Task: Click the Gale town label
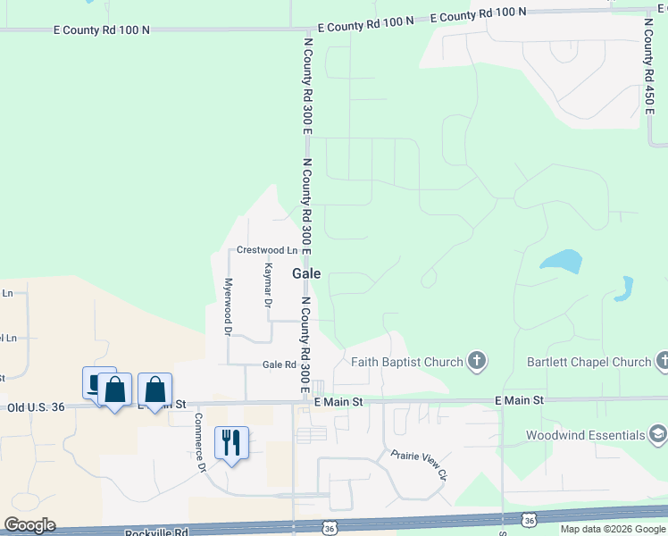[306, 274]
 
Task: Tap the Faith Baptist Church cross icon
[478, 362]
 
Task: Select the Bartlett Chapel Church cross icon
[662, 362]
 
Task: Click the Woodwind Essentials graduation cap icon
[658, 435]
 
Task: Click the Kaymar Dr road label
[267, 285]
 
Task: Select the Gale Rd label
[279, 364]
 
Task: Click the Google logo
[29, 525]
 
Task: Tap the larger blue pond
[561, 262]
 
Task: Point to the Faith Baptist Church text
[407, 362]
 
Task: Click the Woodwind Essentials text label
[584, 435]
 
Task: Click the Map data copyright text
[614, 529]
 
